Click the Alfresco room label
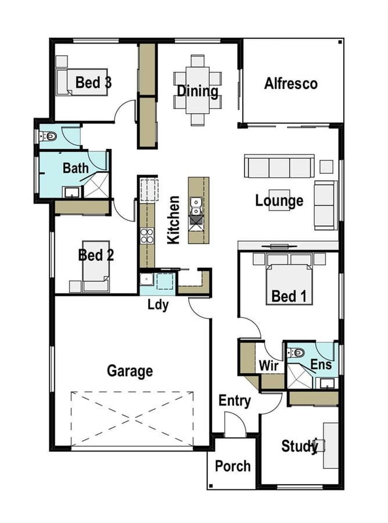pos(290,83)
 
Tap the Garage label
pos(130,371)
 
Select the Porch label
pos(233,466)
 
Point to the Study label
pos(300,446)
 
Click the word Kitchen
pos(173,220)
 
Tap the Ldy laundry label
pos(158,305)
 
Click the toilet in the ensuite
pos(296,353)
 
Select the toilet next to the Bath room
pos(48,136)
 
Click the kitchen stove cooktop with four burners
pos(147,236)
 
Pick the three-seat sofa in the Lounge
pos(279,166)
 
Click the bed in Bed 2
pos(96,266)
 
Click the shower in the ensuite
pos(300,376)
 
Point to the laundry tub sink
pos(146,279)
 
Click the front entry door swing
pos(236,424)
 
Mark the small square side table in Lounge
pos(326,167)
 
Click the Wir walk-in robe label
pos(269,366)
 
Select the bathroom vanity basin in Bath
pos(72,192)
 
